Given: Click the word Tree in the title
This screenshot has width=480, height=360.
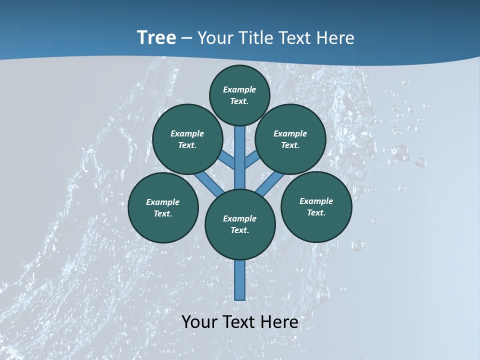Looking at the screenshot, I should (156, 37).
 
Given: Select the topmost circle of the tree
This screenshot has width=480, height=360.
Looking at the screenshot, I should (239, 95).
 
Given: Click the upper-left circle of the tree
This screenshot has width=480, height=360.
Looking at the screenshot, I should (187, 139).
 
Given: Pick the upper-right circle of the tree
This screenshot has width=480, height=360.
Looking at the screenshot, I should (290, 139).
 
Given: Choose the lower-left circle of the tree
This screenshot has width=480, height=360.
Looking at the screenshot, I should (163, 207).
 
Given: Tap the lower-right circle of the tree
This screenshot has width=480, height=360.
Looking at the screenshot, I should (316, 206).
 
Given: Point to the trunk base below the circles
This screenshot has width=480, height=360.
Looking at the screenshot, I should (240, 280).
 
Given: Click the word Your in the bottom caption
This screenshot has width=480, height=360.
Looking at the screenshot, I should (198, 321).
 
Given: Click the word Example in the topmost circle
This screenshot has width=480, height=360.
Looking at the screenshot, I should (239, 89).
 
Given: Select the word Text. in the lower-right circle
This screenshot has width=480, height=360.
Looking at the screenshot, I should (316, 212).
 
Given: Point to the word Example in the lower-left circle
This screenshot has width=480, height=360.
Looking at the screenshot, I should (163, 202).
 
